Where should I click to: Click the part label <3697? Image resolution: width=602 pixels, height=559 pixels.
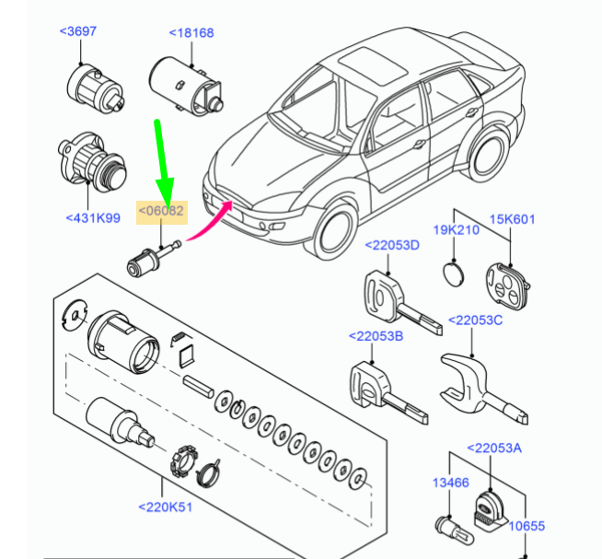[x=78, y=31]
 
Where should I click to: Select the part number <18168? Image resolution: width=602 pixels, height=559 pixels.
[x=191, y=32]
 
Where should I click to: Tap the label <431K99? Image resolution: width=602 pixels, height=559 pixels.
[x=93, y=218]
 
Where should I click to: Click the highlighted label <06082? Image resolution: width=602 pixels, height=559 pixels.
[x=161, y=211]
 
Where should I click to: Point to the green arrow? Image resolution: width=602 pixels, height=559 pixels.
[x=164, y=164]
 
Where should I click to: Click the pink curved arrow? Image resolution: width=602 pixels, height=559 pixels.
[x=211, y=223]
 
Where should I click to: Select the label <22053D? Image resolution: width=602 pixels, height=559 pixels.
[x=392, y=245]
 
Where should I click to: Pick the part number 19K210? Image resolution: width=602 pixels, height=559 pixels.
[x=457, y=229]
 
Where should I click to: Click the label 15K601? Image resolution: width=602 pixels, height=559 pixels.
[x=512, y=219]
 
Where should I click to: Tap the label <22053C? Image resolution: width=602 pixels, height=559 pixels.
[x=475, y=320]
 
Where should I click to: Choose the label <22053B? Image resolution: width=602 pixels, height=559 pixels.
[x=376, y=336]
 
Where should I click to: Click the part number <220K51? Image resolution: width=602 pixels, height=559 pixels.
[x=165, y=507]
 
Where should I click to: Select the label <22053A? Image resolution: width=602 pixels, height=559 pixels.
[x=494, y=448]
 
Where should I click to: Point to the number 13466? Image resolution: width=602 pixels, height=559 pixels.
[x=451, y=483]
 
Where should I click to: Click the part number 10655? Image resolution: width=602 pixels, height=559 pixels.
[x=527, y=526]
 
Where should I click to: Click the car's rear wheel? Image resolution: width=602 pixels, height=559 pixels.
[x=489, y=155]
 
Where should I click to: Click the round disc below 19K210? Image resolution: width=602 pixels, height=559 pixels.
[x=454, y=274]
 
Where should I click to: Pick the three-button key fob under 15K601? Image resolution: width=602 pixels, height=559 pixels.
[x=507, y=285]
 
